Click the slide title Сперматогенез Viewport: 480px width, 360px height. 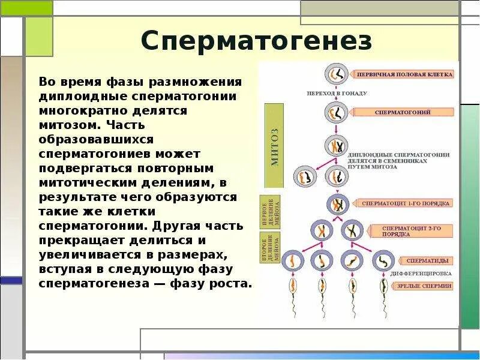256,41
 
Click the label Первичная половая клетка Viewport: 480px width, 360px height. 404,75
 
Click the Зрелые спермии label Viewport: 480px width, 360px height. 424,286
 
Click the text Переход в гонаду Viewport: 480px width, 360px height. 337,94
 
